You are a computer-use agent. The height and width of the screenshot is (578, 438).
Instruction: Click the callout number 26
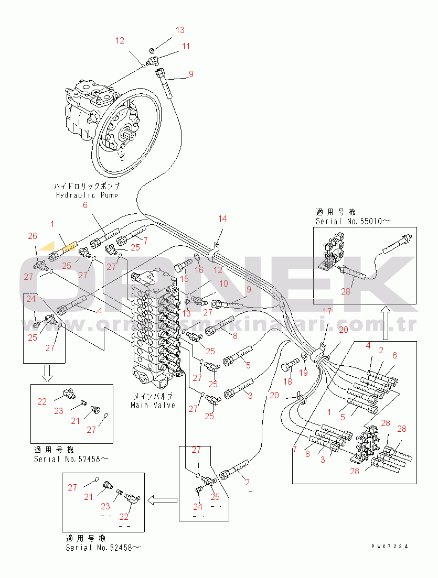point(33,236)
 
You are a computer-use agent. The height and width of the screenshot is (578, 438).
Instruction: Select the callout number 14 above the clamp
point(223,219)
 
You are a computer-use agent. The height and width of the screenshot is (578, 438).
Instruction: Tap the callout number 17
point(327,312)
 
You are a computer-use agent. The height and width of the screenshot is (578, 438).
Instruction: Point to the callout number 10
point(223,283)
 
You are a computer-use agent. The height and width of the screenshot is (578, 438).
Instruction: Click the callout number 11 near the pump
point(186,47)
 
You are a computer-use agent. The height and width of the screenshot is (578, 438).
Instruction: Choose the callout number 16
point(199,269)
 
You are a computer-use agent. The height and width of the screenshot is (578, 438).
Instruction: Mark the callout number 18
point(287,382)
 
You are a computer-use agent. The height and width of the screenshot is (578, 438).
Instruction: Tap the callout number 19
point(303,373)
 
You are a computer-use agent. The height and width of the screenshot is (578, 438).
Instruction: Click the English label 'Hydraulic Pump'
point(87,195)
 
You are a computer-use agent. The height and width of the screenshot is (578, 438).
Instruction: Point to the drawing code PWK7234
point(389,547)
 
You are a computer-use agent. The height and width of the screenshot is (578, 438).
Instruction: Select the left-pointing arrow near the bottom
point(161,500)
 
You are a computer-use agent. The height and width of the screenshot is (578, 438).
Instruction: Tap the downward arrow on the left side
point(46,372)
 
